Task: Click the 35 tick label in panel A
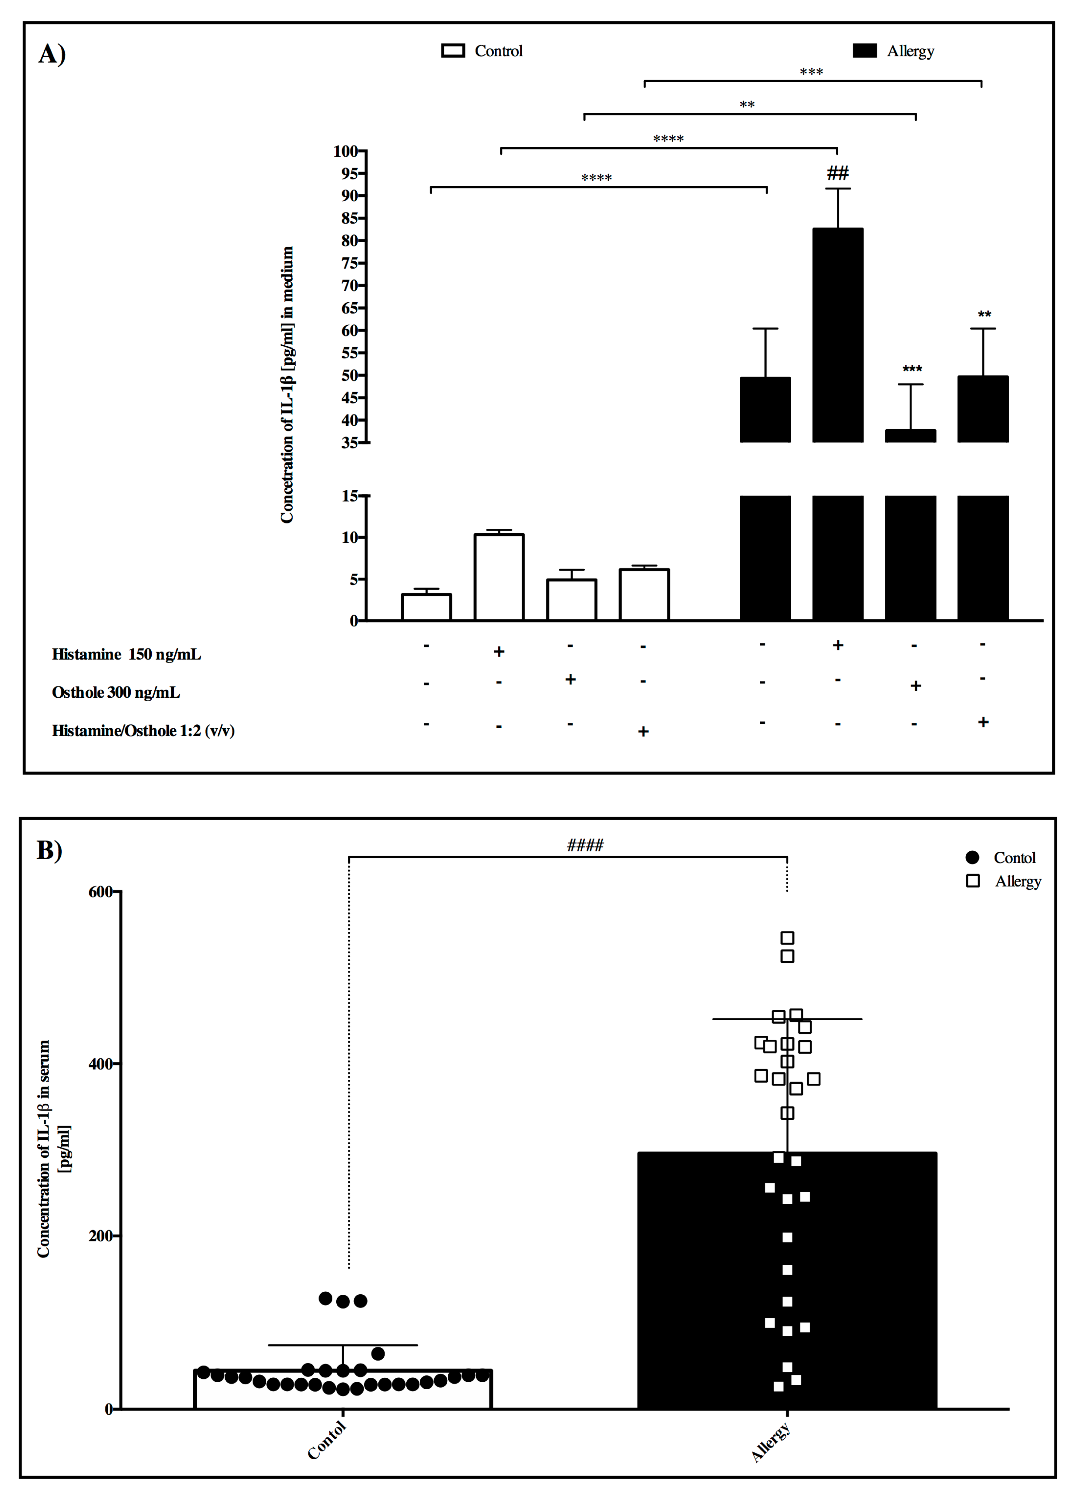point(349,443)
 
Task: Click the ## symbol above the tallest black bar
point(837,173)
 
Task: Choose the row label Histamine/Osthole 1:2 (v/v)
point(143,730)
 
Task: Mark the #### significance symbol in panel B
point(585,845)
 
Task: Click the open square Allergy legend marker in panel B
point(972,881)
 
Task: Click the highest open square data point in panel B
point(787,938)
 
